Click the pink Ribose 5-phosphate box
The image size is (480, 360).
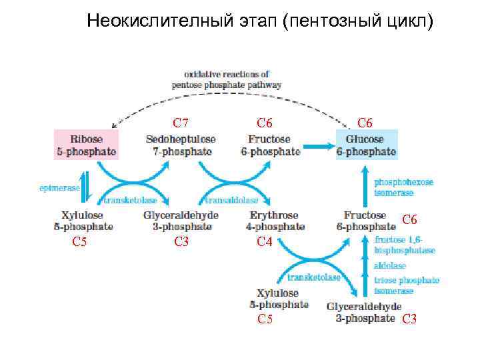point(86,145)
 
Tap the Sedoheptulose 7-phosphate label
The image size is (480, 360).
point(181,145)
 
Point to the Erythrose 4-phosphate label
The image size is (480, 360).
point(275,221)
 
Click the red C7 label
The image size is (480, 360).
point(181,123)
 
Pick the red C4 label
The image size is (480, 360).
point(265,243)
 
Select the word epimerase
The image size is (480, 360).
point(59,188)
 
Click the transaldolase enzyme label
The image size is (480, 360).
point(232,200)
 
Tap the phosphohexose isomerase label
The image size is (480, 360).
point(403,187)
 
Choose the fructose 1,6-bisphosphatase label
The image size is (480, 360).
point(405,245)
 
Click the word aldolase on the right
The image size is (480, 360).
point(390,265)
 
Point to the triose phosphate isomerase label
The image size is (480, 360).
point(407,285)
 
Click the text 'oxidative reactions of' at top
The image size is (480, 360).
point(227,74)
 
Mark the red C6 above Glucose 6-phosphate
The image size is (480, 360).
point(365,123)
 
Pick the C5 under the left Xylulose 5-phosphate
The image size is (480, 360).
point(79,242)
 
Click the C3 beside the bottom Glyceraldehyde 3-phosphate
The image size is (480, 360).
point(409,319)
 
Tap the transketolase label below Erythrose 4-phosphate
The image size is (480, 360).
point(313,277)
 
